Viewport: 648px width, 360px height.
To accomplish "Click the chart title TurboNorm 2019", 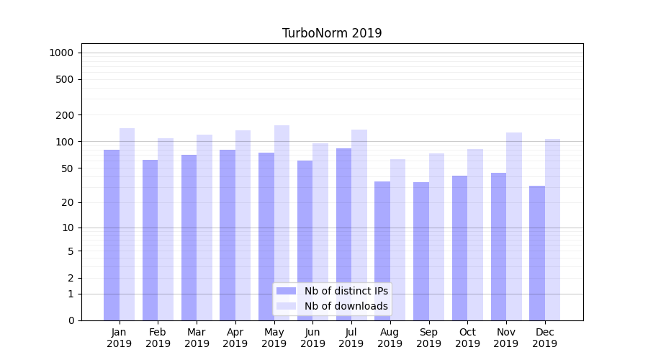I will click(332, 33).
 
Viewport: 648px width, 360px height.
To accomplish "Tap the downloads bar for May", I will click(282, 222).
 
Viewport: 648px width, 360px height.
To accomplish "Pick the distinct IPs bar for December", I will click(537, 253).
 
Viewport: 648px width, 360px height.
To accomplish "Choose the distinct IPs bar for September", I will click(421, 251).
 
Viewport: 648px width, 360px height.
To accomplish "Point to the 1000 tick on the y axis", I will click(61, 53).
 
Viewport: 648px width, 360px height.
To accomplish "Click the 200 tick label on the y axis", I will click(65, 115).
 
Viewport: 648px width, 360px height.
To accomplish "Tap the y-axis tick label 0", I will click(71, 320).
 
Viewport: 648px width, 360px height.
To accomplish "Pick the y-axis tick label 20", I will click(68, 202).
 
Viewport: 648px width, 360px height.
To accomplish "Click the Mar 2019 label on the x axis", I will click(197, 338).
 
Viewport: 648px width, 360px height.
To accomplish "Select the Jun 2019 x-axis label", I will click(312, 338).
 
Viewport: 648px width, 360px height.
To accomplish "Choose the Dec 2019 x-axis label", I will click(544, 338).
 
